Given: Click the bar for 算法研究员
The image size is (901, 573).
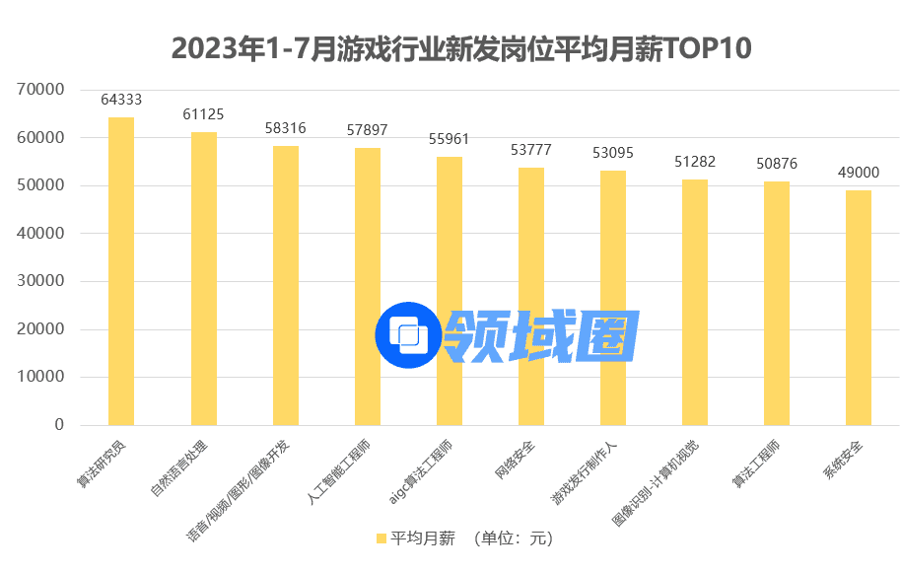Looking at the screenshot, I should click(121, 271).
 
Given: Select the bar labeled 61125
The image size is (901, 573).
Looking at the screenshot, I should click(203, 279).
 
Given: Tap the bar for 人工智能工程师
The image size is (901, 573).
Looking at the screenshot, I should click(367, 286).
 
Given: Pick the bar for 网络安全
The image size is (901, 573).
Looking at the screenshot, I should click(531, 296).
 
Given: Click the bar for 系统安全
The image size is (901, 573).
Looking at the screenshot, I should click(859, 308).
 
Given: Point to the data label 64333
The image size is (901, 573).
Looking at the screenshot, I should click(121, 100).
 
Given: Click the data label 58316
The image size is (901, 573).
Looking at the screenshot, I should click(286, 128).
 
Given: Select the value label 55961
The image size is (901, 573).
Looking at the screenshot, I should click(450, 139).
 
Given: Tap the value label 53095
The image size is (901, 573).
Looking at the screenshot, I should click(613, 153).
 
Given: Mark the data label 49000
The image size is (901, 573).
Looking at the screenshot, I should click(859, 173).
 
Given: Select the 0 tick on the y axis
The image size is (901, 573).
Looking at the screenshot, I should click(59, 425).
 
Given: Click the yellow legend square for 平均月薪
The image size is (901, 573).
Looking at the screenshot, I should click(381, 538).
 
